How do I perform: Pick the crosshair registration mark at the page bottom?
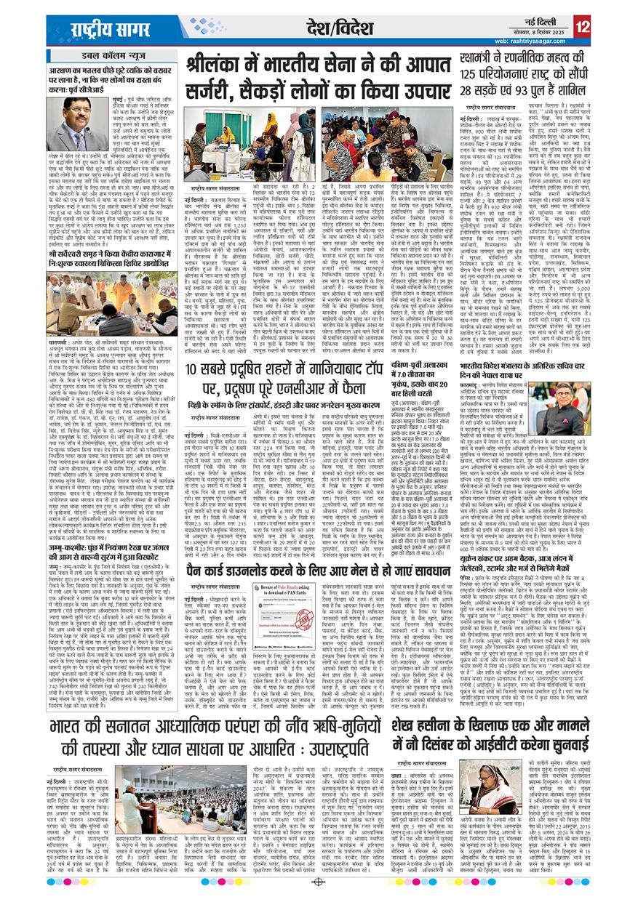319,882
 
